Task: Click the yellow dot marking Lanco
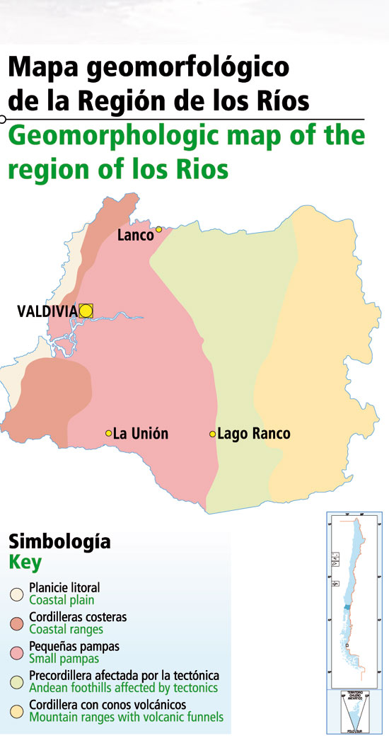tap(159, 229)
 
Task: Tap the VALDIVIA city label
tap(47, 311)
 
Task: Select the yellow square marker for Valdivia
tap(86, 310)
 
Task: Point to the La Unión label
tap(141, 433)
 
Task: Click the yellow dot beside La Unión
tap(108, 433)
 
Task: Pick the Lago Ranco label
tap(254, 434)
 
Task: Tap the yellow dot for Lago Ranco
tap(212, 434)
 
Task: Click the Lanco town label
tap(135, 235)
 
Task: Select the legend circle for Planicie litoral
tap(16, 594)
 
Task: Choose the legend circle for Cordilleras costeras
tap(16, 623)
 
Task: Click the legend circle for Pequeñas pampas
tap(16, 652)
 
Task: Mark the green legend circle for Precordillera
tap(16, 681)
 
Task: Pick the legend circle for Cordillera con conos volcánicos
tap(16, 711)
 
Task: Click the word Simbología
tap(59, 543)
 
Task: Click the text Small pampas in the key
tap(64, 659)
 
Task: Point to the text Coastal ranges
tap(66, 629)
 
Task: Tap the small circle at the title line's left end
tap(4, 118)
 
